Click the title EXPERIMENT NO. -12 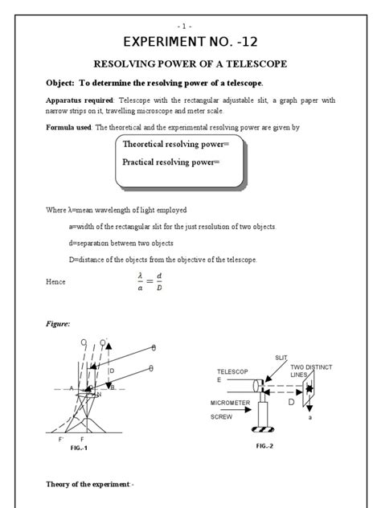tap(190, 41)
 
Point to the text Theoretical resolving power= tap(175, 144)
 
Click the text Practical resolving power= tap(170, 162)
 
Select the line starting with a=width tap(172, 227)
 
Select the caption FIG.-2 tap(266, 445)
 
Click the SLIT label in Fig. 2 tap(281, 358)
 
